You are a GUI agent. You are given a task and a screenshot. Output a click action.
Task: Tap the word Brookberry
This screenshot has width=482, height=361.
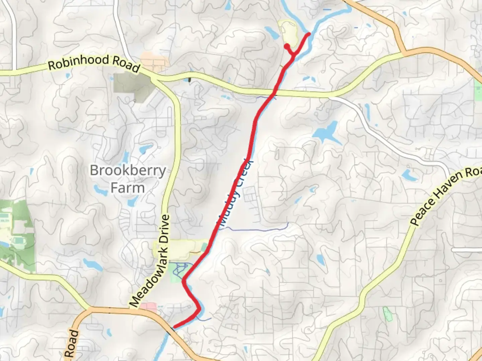click(x=128, y=170)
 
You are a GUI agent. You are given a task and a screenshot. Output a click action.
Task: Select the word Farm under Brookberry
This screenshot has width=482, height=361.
click(x=128, y=188)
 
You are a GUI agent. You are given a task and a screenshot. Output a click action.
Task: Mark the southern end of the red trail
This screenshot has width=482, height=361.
click(x=174, y=327)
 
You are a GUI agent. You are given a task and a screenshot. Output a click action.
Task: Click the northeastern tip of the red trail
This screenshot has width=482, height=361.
click(x=309, y=33)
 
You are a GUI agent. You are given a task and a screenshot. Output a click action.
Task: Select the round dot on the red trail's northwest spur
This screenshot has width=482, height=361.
click(x=287, y=46)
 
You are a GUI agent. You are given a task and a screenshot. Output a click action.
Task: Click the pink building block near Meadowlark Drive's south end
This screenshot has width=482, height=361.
click(x=148, y=307)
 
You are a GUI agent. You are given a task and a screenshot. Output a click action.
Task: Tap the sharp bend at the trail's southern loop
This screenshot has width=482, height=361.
click(x=199, y=309)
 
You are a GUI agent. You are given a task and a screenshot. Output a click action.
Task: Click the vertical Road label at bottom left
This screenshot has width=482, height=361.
click(x=72, y=344)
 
